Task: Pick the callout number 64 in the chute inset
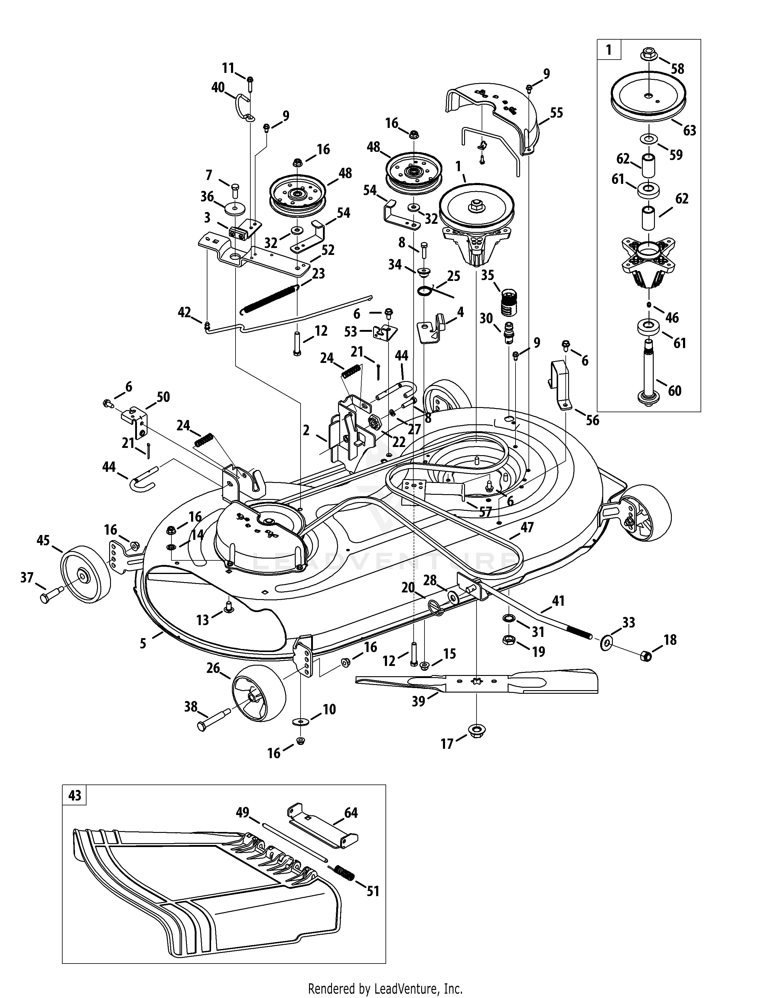(x=351, y=813)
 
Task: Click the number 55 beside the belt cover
(x=556, y=113)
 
